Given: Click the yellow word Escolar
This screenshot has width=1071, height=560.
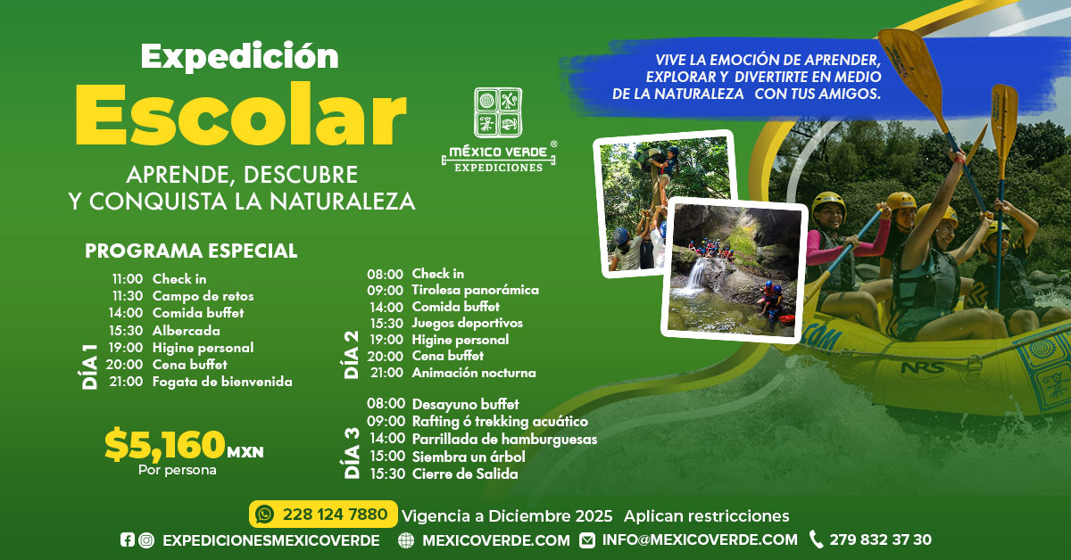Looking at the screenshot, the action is click(x=240, y=115).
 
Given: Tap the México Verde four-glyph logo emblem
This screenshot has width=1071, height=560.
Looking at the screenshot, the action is click(x=498, y=112).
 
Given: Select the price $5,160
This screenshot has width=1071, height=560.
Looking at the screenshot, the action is click(x=165, y=444).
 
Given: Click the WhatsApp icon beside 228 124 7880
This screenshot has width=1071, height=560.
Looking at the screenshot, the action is click(x=264, y=515).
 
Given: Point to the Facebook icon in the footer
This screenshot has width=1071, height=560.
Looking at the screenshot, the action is click(x=127, y=539).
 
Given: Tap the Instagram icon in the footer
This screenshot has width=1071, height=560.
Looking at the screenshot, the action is click(x=146, y=540).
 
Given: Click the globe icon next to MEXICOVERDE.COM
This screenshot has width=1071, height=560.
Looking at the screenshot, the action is click(x=406, y=540).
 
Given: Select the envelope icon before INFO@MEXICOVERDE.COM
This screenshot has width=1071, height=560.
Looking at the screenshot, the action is click(x=587, y=540).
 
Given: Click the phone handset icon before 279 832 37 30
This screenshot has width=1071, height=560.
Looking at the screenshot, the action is click(x=816, y=539).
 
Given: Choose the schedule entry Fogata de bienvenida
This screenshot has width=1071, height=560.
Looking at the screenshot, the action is click(x=222, y=382).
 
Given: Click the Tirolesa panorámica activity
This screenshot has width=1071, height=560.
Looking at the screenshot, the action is click(x=475, y=290).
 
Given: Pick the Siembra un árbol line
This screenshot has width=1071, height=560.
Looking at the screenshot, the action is click(x=469, y=457).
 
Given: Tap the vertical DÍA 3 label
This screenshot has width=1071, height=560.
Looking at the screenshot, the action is click(x=352, y=453).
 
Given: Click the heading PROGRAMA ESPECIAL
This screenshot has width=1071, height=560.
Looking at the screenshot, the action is click(x=191, y=251).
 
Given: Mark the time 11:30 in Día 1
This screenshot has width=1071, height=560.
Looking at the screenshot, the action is click(x=128, y=296).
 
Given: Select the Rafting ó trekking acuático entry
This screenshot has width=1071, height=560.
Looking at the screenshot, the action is click(x=500, y=422).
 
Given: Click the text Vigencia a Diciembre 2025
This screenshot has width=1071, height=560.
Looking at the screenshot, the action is click(x=507, y=516).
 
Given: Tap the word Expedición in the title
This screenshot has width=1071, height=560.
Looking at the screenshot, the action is click(x=240, y=57).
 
